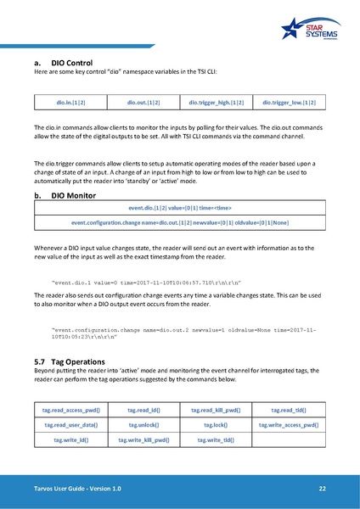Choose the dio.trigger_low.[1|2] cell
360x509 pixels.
290,103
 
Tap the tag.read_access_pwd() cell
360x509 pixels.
70,411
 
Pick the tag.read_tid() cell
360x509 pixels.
290,411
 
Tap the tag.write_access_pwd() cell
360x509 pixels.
290,425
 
